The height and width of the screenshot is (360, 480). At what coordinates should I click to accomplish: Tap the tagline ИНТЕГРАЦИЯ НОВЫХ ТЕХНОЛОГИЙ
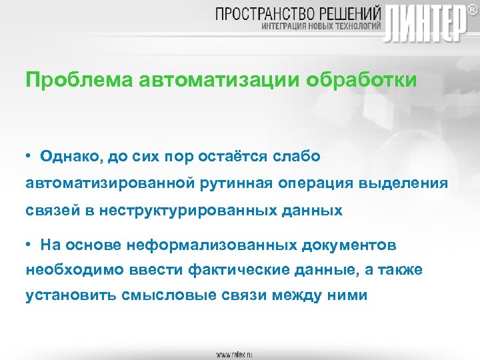[x=320, y=27]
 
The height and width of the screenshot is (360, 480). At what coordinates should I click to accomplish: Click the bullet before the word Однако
[x=30, y=156]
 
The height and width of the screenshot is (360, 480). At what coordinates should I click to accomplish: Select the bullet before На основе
[x=30, y=245]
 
